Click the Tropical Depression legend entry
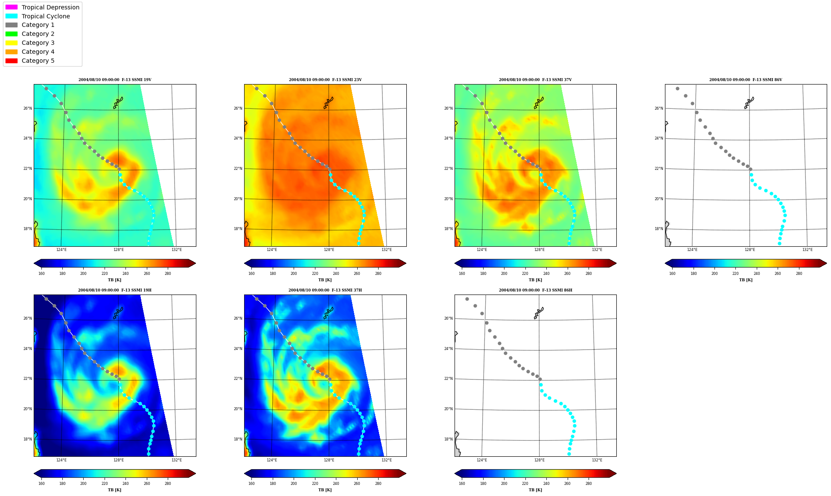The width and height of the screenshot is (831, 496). tap(42, 7)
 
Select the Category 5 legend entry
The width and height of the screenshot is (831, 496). tap(30, 61)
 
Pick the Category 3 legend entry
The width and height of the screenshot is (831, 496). tap(30, 43)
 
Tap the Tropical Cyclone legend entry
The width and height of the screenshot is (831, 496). tap(38, 16)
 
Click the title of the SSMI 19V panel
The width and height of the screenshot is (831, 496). tap(115, 80)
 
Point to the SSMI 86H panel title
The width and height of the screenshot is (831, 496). tap(536, 290)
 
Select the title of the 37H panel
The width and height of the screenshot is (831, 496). tap(325, 290)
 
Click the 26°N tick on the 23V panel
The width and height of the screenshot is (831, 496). tap(238, 108)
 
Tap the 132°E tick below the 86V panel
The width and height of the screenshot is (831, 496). tap(808, 250)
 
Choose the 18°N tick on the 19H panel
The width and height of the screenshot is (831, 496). tap(27, 439)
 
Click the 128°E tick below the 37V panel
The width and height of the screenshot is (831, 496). tap(539, 250)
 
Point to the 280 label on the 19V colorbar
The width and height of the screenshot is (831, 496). tap(168, 274)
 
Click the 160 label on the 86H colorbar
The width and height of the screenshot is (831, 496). tap(462, 484)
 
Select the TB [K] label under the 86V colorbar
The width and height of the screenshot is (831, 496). tap(746, 280)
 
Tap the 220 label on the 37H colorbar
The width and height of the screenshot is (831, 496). tap(315, 484)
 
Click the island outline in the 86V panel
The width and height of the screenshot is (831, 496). tap(749, 102)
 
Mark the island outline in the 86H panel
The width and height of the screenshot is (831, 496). tap(539, 313)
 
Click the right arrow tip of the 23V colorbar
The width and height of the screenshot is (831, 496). tap(406, 263)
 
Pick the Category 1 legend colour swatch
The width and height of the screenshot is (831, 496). tap(12, 25)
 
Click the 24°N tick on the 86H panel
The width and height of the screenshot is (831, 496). tap(448, 349)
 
